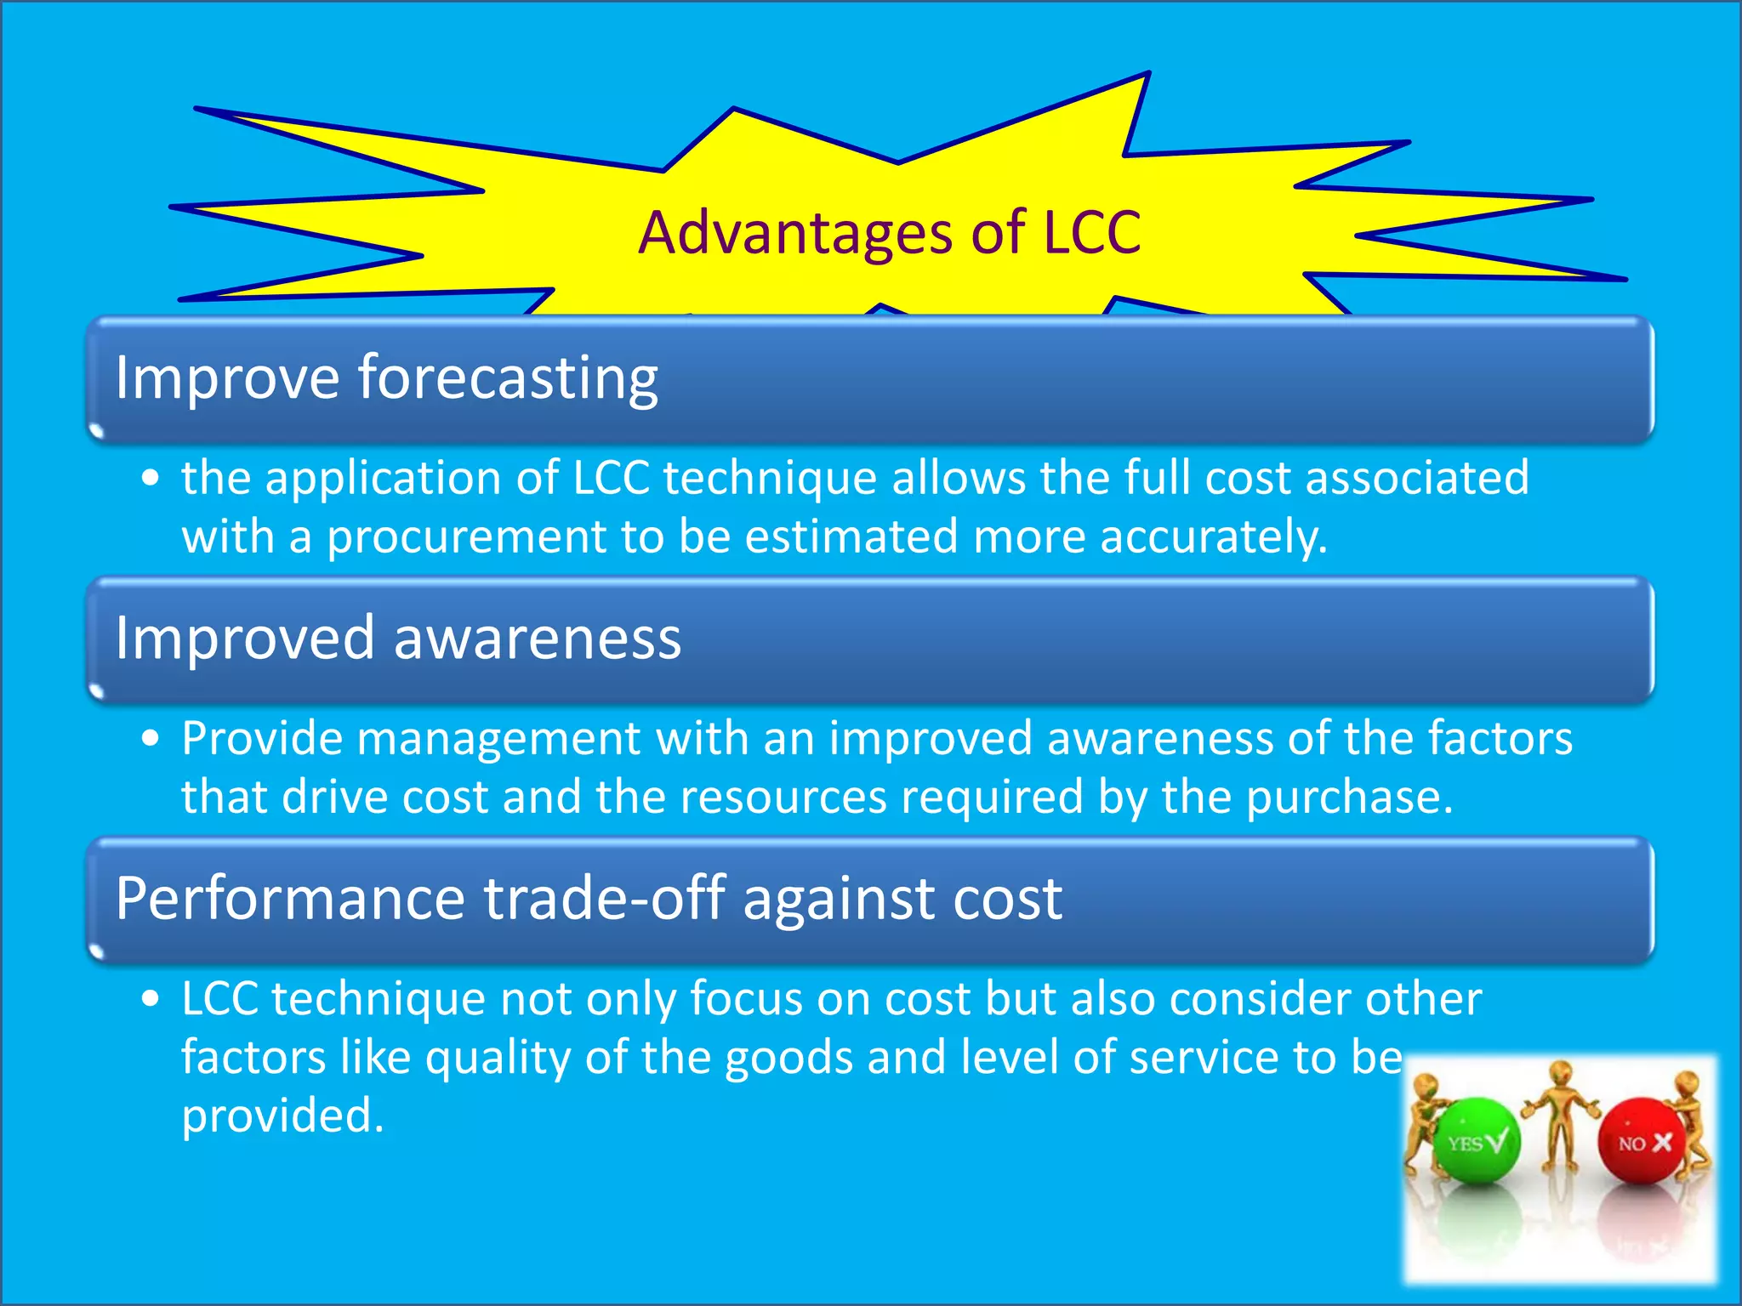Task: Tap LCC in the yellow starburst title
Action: click(1091, 233)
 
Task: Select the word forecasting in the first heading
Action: click(508, 378)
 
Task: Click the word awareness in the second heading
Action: click(538, 639)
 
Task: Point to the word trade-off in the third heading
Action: click(605, 899)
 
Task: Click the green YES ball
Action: click(1477, 1141)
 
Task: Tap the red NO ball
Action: click(1643, 1141)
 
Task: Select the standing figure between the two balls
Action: click(1560, 1114)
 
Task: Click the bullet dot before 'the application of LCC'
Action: click(151, 478)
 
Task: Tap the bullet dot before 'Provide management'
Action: click(151, 738)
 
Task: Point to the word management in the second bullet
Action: click(498, 738)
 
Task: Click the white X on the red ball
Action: click(1662, 1143)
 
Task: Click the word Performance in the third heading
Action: click(290, 899)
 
